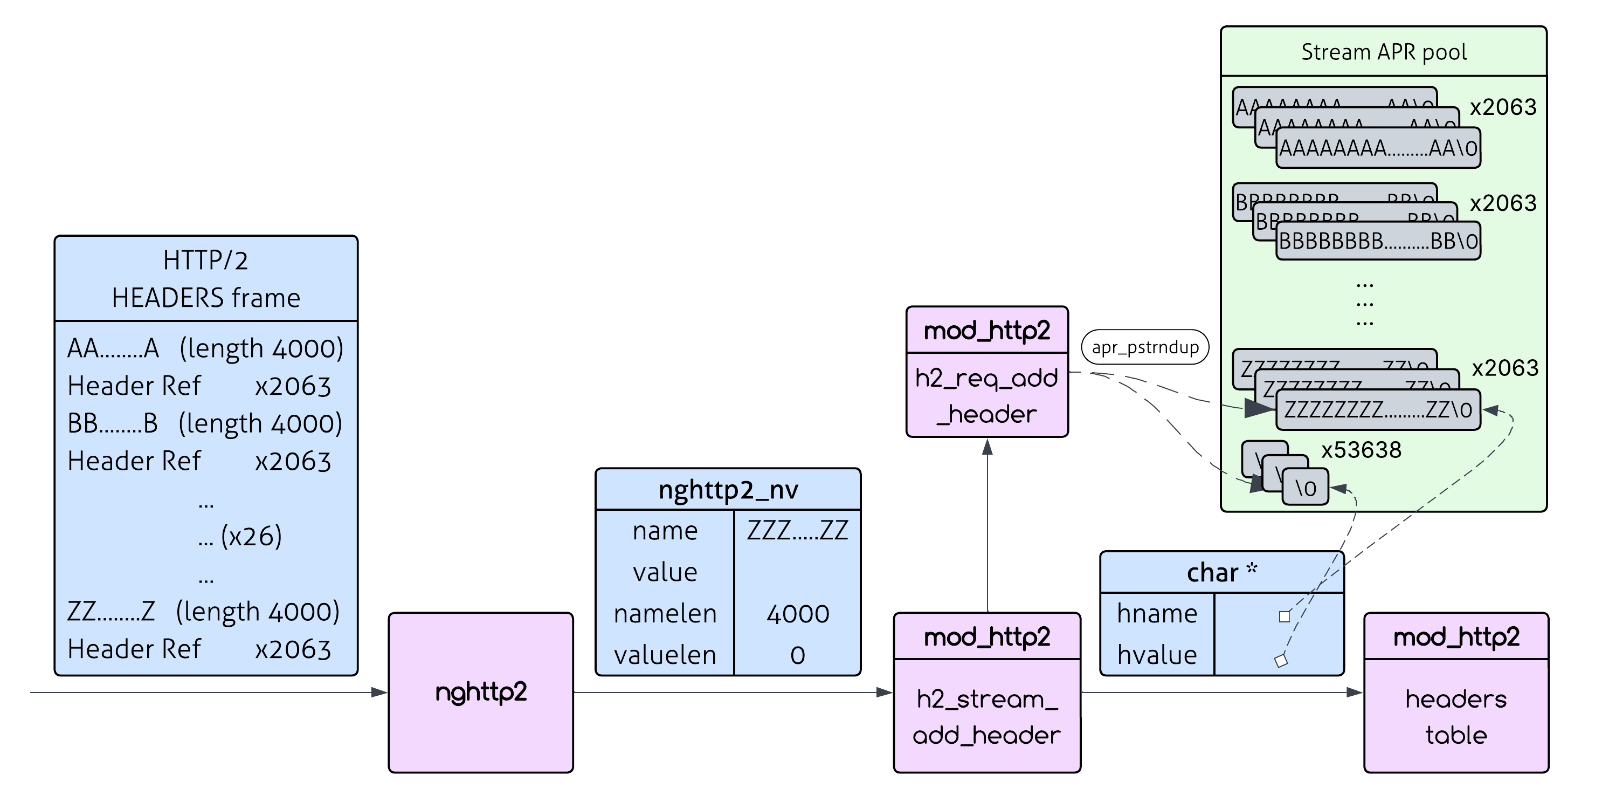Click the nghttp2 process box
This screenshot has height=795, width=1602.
[481, 693]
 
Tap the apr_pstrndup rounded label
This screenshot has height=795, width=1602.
[1145, 347]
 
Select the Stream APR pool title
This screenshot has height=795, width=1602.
[1384, 52]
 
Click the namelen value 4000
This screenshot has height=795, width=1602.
[798, 614]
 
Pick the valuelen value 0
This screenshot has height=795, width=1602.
[798, 655]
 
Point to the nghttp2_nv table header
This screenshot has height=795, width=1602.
[728, 490]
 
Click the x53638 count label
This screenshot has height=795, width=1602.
[1362, 450]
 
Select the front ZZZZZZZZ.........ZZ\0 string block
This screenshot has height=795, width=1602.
[1378, 410]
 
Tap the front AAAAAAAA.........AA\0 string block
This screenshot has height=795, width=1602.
[1378, 148]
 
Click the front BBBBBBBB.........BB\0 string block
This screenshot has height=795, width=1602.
[1378, 241]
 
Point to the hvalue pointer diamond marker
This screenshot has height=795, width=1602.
[1281, 661]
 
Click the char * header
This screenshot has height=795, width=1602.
[1221, 572]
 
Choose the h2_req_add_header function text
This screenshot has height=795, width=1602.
[987, 396]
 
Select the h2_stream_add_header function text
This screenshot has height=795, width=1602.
[987, 717]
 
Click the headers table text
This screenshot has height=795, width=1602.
[1456, 717]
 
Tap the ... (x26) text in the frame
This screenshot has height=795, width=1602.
[240, 536]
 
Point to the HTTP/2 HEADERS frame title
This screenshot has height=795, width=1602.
[206, 279]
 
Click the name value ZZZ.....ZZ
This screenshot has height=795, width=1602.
[798, 531]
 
